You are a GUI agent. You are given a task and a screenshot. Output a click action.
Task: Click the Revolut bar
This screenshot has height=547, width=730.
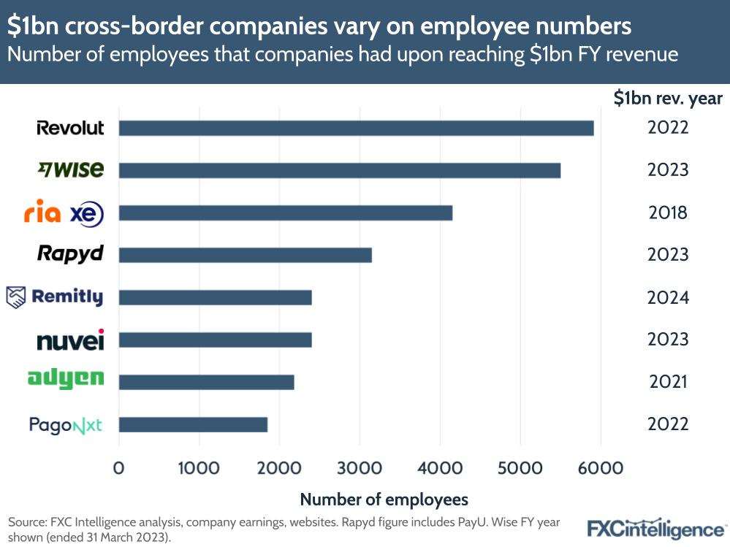(x=356, y=128)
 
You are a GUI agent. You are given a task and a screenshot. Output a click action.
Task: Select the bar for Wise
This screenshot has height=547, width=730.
(x=339, y=170)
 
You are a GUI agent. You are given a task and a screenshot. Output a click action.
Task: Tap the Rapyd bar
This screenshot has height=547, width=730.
(x=245, y=255)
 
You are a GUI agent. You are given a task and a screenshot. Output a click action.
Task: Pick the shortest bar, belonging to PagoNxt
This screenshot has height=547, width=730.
(x=193, y=424)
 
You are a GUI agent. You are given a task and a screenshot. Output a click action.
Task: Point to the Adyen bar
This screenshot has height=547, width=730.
(x=206, y=382)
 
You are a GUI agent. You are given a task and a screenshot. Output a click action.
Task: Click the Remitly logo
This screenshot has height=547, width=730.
(x=55, y=297)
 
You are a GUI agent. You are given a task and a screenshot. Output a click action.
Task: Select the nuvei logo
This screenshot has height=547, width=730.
(x=70, y=340)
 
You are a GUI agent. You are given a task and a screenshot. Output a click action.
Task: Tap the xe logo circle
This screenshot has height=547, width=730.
(x=87, y=214)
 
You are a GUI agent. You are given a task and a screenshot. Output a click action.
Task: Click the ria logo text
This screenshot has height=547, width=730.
(x=42, y=214)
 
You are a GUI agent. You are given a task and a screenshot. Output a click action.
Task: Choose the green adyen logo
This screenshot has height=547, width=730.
(x=66, y=378)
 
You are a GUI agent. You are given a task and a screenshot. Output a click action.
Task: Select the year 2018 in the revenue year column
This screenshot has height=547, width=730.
(x=668, y=213)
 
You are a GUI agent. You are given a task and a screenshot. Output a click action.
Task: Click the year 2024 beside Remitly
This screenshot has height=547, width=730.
(x=668, y=297)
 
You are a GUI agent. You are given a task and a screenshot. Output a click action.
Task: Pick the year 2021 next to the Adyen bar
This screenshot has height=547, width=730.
(x=668, y=382)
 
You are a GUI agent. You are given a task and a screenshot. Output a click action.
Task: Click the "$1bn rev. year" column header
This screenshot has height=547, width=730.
(x=667, y=99)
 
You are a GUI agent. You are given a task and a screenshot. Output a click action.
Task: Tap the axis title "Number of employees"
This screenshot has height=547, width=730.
(x=384, y=500)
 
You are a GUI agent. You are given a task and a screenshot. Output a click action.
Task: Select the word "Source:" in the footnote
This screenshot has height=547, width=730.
(x=26, y=522)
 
